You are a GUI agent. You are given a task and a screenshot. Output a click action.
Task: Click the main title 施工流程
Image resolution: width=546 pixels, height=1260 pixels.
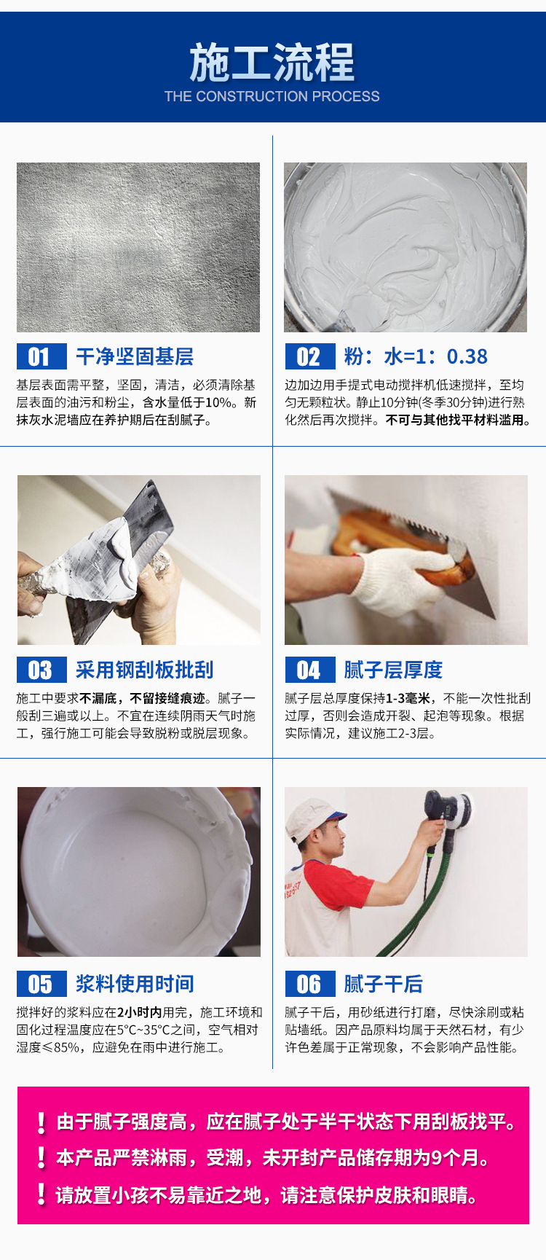coord(272,63)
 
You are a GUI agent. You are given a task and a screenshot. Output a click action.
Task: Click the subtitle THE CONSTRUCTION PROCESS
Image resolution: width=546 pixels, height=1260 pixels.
coord(272,96)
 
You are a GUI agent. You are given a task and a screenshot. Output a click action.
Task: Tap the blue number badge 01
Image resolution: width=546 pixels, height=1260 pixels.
coord(41,356)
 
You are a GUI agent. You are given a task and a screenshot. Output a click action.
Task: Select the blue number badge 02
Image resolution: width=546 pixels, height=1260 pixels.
coord(309,356)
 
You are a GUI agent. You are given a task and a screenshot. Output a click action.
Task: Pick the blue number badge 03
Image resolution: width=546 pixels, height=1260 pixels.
coord(41,670)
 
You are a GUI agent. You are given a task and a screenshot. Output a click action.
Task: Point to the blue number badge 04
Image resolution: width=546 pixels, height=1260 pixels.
coord(309,670)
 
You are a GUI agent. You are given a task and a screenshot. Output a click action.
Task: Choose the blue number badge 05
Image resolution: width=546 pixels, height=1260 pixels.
coord(41,984)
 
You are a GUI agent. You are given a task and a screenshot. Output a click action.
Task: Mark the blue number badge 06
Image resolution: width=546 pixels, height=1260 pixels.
coord(309,984)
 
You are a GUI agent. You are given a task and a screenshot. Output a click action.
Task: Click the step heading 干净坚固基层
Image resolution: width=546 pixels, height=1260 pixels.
coord(135,356)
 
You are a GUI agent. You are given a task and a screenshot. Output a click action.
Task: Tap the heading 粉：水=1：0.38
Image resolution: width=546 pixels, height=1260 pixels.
coord(416,356)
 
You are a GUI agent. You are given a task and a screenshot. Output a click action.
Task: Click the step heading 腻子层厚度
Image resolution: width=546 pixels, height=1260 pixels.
coord(393,670)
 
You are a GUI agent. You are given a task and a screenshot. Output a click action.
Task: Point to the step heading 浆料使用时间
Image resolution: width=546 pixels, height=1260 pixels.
coord(135,984)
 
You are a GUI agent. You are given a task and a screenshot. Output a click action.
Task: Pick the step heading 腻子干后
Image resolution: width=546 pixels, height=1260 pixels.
coord(383,984)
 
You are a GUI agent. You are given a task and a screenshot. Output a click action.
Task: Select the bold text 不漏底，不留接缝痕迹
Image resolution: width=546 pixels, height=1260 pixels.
coord(142,698)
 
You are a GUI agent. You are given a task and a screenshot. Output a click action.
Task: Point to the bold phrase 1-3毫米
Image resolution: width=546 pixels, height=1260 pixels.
coord(408,698)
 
